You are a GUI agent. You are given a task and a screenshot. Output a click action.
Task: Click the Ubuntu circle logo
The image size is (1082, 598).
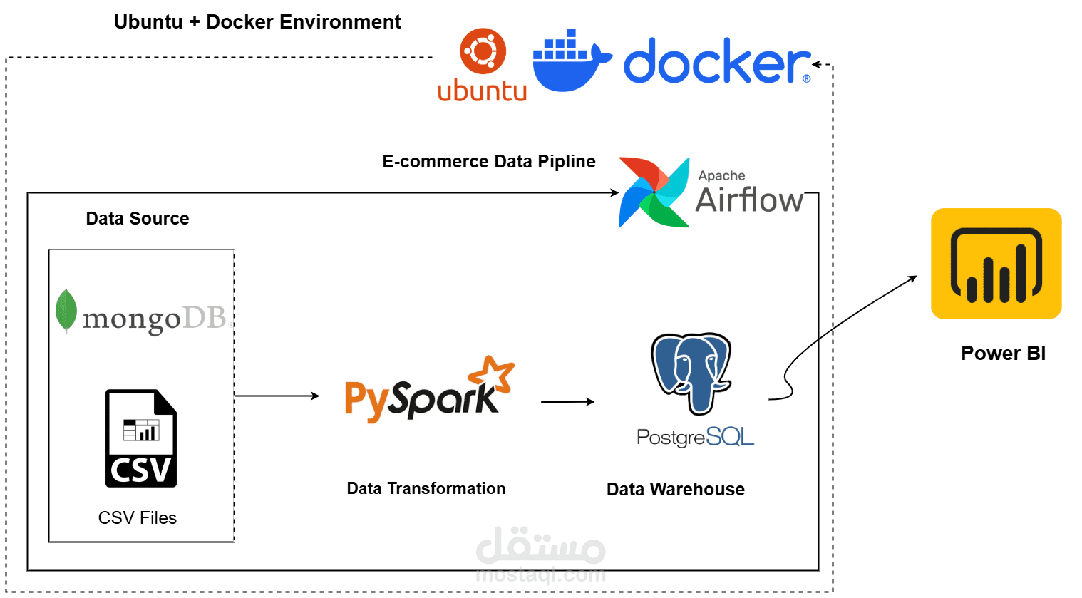[483, 51]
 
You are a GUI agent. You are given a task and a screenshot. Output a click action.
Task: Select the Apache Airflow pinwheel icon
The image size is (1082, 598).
[654, 192]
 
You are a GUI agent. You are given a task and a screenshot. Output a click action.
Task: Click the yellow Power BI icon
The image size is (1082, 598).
[996, 264]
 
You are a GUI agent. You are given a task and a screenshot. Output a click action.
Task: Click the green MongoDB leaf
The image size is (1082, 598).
[66, 311]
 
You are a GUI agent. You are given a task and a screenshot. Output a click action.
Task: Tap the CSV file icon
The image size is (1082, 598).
[140, 438]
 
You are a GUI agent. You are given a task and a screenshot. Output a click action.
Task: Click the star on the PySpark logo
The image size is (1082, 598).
[493, 373]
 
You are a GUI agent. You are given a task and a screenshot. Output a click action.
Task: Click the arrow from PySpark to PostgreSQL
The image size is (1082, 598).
[567, 402]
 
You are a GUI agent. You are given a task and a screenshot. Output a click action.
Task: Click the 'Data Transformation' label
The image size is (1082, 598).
[426, 488]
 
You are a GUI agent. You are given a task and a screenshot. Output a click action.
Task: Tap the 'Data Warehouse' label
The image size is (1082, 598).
[675, 489]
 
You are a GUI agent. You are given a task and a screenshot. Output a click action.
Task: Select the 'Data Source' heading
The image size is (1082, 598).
[138, 218]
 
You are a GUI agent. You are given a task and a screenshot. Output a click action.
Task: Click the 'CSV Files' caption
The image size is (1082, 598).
[138, 517]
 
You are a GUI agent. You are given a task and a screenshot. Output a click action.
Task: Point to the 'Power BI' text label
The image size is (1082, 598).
[1003, 353]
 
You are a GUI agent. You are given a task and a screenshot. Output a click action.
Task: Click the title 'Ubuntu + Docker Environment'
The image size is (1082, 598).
[257, 22]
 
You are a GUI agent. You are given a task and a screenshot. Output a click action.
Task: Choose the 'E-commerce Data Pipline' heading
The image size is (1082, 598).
[488, 162]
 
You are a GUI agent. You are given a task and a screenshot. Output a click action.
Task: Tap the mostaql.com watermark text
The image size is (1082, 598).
[540, 574]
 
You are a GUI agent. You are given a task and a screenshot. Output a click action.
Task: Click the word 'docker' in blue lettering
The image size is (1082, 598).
[716, 63]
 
